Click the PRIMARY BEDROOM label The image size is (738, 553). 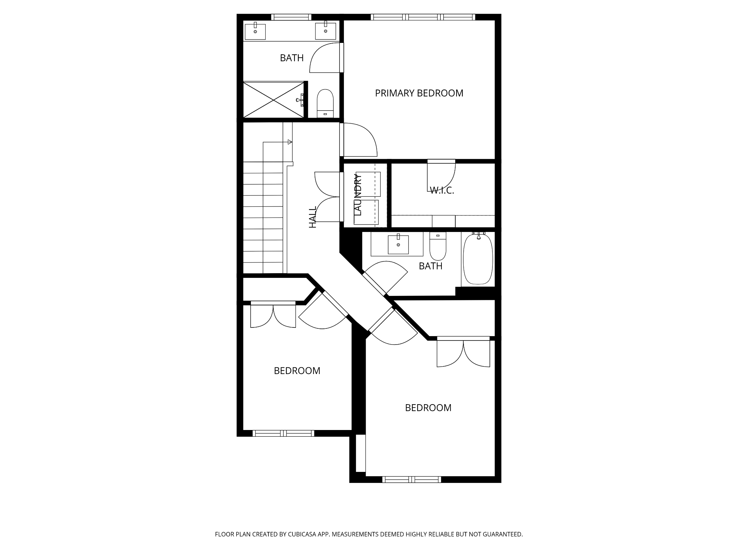[419, 93]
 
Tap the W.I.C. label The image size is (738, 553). [442, 190]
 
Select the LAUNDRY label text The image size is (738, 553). [358, 195]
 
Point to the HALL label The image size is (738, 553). [312, 217]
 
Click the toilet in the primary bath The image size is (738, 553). [325, 103]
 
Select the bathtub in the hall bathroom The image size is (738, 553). [478, 259]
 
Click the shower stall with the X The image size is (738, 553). [274, 100]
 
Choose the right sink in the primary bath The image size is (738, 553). [325, 31]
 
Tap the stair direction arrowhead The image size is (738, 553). [290, 142]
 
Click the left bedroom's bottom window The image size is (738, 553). [283, 433]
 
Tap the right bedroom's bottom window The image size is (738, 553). [412, 480]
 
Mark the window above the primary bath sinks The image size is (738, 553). [291, 17]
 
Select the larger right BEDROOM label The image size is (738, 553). [428, 408]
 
